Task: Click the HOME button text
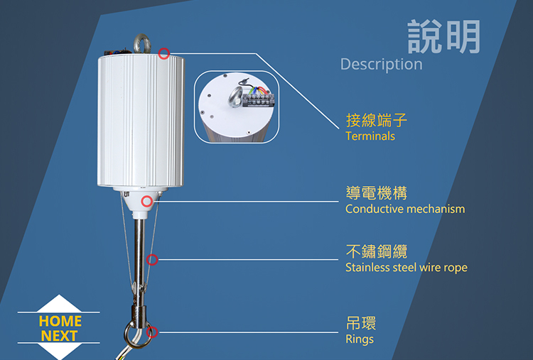point(60,321)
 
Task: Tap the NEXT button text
point(60,336)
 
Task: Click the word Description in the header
point(381,64)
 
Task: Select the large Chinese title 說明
point(444,36)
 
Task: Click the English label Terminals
point(370,136)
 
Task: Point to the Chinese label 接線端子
point(377,119)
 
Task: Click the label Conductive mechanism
point(404,209)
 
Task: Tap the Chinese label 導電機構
point(377,192)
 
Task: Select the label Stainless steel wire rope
point(406,268)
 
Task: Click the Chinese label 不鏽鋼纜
point(377,251)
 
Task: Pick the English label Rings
point(359,339)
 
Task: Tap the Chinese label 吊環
point(361,323)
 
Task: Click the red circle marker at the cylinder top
point(164,53)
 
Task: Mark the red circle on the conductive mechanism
point(147,202)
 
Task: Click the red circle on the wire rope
point(152,260)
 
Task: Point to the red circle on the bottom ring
point(151,332)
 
